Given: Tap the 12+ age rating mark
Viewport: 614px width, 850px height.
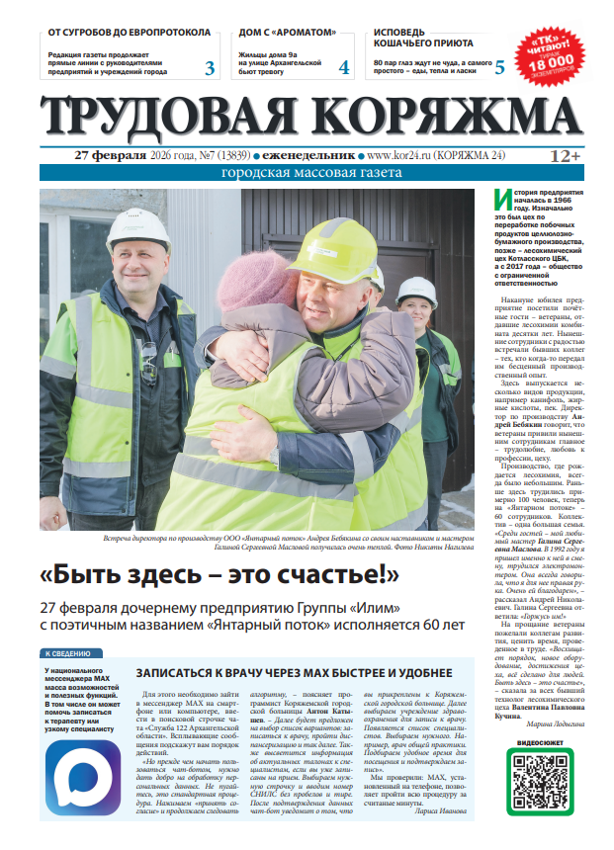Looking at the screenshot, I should coord(565,155).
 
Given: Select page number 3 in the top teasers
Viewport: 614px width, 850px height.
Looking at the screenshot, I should coord(210,67).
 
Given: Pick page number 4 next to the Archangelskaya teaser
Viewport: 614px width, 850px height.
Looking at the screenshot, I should coord(343,67).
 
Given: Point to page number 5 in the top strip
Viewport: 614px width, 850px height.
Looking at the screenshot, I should coord(498,67).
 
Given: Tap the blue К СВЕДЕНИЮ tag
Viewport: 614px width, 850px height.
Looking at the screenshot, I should coord(69,653).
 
